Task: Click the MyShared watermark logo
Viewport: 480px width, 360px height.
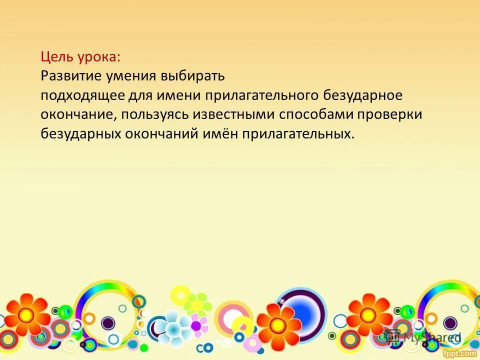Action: coord(423,338)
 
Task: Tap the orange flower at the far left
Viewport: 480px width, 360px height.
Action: coord(25,315)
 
